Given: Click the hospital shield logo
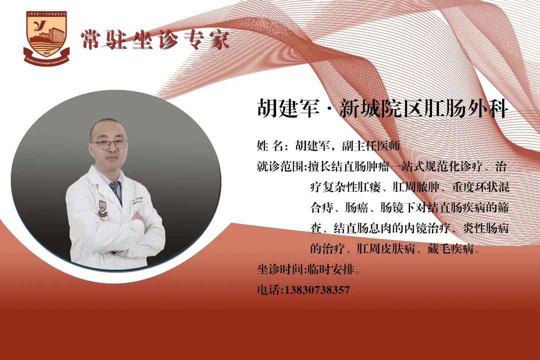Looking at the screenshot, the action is click(x=46, y=38).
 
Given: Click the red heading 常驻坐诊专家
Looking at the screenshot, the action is click(x=155, y=39).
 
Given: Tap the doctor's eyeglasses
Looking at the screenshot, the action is click(x=109, y=144).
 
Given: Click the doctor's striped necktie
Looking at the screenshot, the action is click(x=116, y=191).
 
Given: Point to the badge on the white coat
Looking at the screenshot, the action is click(x=102, y=209).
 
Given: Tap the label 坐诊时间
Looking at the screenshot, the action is click(x=280, y=269).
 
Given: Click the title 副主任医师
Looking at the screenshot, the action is click(x=370, y=146).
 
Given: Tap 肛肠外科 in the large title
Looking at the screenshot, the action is click(x=467, y=108).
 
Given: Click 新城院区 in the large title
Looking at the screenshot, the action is click(x=381, y=108).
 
